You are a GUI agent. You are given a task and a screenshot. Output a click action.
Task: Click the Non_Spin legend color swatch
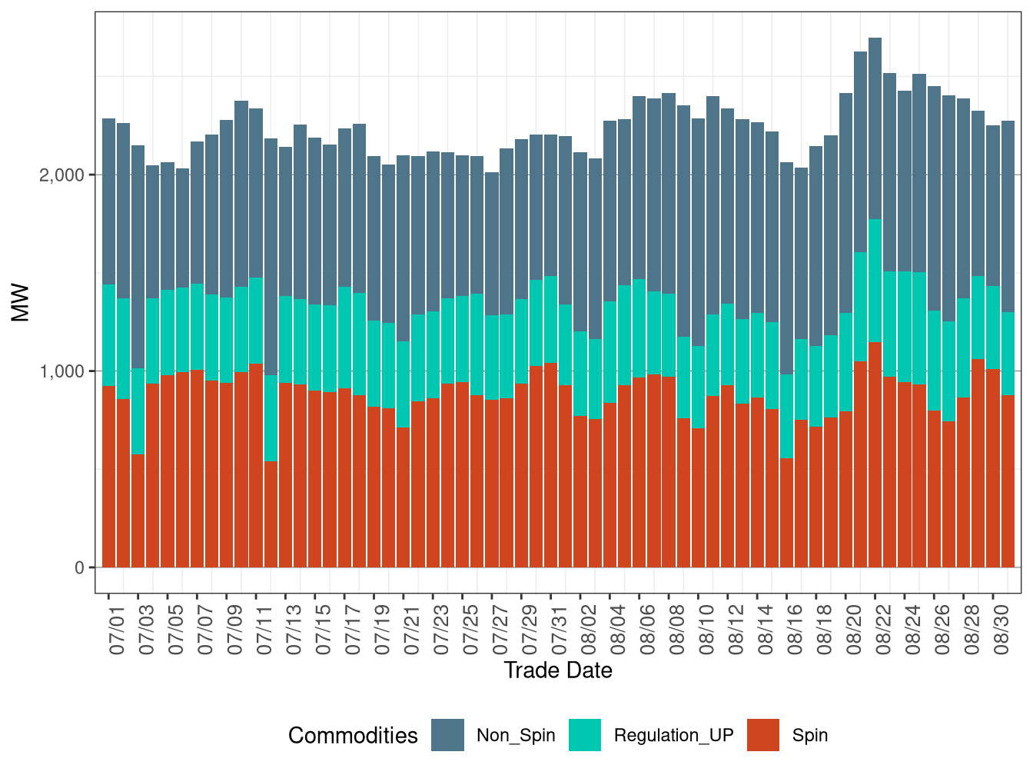point(447,735)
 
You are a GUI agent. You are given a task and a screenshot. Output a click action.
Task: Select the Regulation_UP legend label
point(673,736)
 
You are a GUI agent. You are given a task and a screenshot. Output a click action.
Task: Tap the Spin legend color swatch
point(762,735)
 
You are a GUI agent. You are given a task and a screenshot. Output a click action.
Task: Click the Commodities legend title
point(353,736)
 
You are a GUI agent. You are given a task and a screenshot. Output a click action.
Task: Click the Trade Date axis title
point(558,670)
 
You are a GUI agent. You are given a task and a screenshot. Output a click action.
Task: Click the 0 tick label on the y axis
point(79,568)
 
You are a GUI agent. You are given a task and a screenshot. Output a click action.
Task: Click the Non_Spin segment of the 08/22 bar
point(875,127)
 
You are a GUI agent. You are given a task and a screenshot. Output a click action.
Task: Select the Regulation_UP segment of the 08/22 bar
point(875,281)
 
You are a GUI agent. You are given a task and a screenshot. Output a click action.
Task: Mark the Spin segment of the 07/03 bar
point(138,511)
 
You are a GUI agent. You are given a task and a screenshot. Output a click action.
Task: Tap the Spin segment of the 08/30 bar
point(1008,481)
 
